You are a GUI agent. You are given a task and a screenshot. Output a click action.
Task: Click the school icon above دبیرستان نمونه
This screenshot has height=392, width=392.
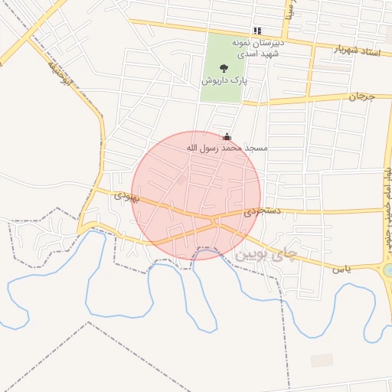tap(257, 31)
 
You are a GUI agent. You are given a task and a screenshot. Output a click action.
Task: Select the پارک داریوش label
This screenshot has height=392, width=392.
tap(223, 80)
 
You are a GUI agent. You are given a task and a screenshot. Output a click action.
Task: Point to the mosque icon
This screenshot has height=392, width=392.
tap(227, 136)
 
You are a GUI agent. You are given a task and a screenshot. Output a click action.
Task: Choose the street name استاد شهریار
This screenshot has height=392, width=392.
tap(358, 52)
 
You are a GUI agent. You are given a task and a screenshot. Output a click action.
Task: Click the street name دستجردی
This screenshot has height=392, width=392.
tap(263, 210)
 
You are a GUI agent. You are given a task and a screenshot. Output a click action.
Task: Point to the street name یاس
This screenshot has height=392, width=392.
tap(341, 269)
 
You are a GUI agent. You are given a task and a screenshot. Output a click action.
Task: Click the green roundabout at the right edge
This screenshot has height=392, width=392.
tap(388, 270)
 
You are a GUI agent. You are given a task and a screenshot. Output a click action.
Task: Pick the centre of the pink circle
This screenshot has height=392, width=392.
tap(197, 195)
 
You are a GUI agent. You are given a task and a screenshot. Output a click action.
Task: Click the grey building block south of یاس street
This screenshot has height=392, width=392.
tap(322, 360)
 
